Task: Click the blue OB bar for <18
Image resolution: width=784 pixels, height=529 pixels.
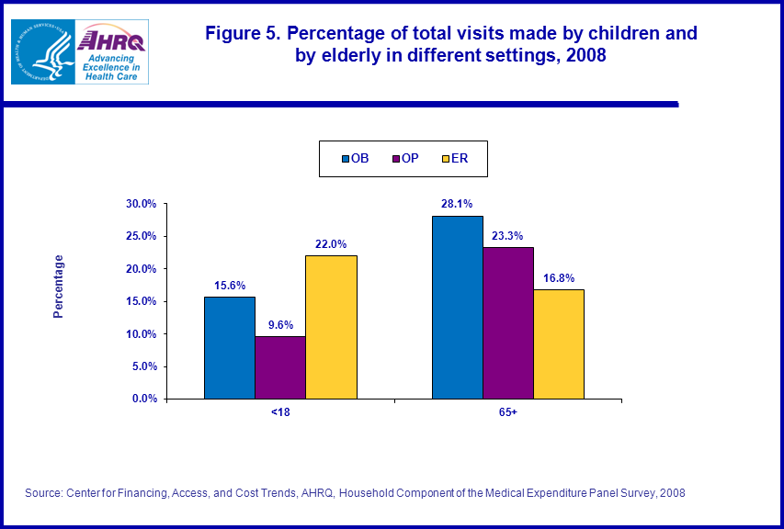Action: click(x=230, y=348)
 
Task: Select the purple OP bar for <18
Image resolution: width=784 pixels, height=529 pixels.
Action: click(x=280, y=367)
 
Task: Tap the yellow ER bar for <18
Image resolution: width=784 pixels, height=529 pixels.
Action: click(x=331, y=327)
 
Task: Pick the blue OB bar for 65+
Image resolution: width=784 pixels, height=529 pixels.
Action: click(x=458, y=308)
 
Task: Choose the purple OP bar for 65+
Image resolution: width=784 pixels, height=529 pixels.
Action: click(x=508, y=323)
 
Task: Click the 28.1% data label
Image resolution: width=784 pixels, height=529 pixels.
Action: click(x=457, y=204)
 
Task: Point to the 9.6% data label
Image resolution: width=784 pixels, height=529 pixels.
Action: click(x=280, y=324)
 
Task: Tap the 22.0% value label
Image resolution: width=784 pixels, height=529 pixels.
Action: click(x=331, y=243)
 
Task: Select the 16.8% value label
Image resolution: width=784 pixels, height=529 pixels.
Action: click(x=559, y=277)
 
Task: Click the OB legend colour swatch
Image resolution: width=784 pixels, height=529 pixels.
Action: click(x=346, y=159)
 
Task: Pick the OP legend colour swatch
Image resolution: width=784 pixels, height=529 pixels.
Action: click(x=395, y=159)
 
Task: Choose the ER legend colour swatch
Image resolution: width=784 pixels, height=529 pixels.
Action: click(x=445, y=159)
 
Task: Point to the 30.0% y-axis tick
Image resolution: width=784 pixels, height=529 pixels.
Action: click(x=142, y=204)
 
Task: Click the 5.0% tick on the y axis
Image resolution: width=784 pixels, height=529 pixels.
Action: click(x=144, y=366)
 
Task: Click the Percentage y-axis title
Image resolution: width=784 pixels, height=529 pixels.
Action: click(x=59, y=287)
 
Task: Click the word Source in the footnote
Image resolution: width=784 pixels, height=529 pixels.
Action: click(x=42, y=493)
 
